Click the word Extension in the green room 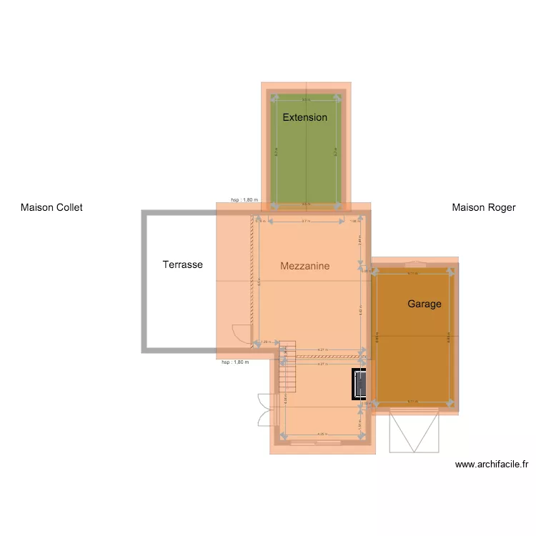(304, 117)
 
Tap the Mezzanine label (304, 266)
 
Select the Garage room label (425, 304)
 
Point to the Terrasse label (182, 264)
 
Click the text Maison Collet (51, 208)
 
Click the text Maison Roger (484, 208)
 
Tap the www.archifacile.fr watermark (492, 465)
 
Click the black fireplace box (360, 385)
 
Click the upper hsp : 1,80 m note (244, 200)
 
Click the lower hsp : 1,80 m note (235, 362)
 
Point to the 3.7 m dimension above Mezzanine (305, 222)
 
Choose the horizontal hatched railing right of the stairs (329, 355)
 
